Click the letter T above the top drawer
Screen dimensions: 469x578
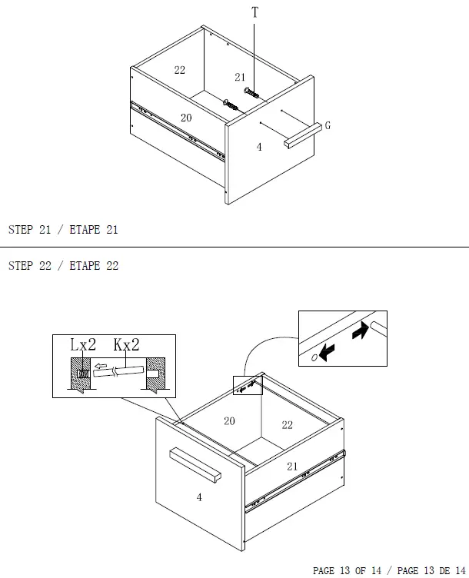(254, 12)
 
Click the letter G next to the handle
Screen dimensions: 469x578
(328, 126)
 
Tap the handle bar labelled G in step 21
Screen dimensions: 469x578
(303, 135)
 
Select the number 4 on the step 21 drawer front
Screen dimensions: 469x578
(259, 147)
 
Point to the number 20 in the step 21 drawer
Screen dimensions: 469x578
(186, 118)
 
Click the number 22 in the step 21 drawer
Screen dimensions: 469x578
(180, 70)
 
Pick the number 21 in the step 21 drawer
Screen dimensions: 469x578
(240, 77)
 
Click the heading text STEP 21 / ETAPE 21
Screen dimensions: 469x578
(63, 230)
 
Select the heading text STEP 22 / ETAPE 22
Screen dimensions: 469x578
(63, 266)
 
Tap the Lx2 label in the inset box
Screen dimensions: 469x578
(83, 344)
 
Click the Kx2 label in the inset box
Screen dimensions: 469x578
(126, 344)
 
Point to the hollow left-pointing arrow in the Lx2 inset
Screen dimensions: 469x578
(100, 366)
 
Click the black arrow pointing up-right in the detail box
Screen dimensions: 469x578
(361, 330)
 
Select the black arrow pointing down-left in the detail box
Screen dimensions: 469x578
(327, 352)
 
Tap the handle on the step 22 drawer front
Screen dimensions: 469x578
(195, 465)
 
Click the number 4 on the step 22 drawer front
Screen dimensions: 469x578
(199, 497)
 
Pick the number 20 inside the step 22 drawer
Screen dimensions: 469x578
(229, 421)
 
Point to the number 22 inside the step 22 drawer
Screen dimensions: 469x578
(288, 425)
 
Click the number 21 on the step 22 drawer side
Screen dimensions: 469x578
(292, 467)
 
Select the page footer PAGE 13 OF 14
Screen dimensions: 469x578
(347, 570)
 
